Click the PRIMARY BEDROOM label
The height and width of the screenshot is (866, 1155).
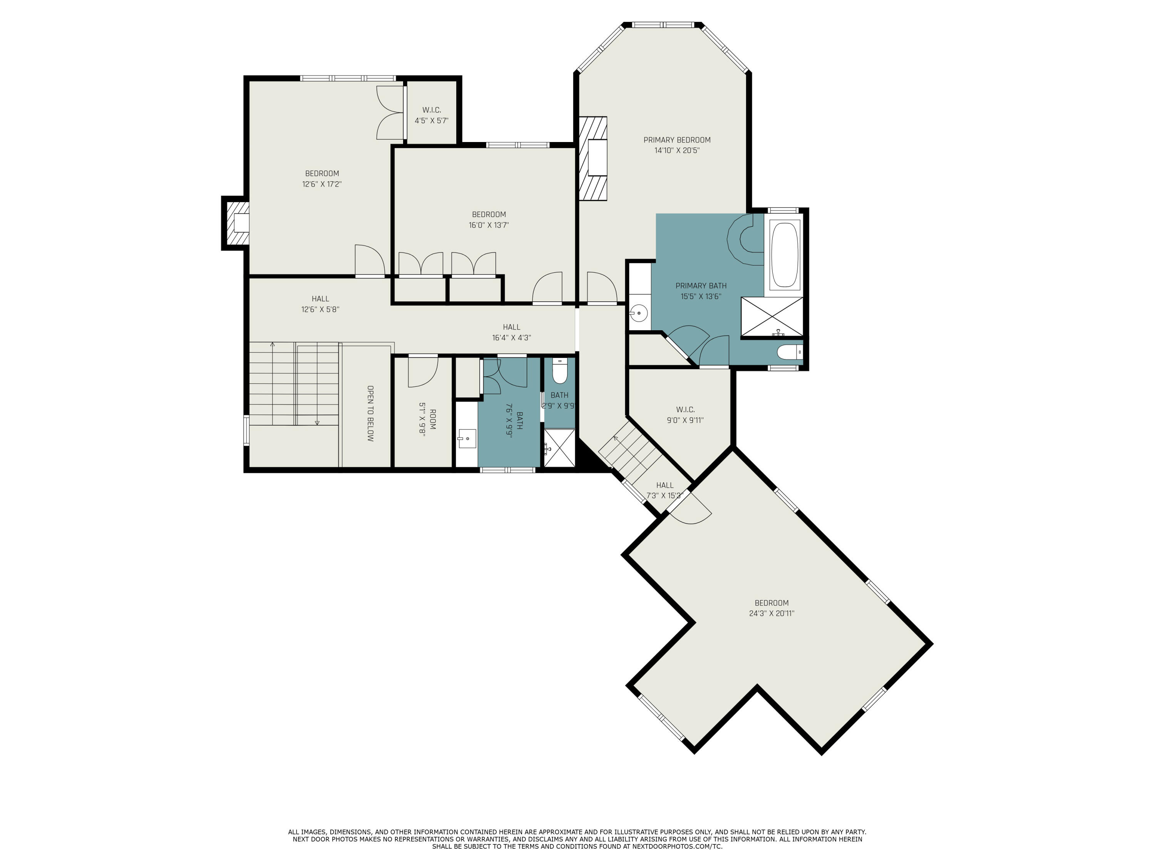click(x=677, y=145)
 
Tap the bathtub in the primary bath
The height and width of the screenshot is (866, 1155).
click(x=784, y=254)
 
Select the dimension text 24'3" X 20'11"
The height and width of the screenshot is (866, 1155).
click(x=771, y=614)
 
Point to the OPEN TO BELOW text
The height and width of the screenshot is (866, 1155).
click(x=370, y=413)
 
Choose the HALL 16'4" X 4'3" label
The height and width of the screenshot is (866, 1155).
click(x=511, y=333)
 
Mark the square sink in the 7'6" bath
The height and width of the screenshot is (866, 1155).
click(x=467, y=438)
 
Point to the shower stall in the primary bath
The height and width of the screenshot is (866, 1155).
click(x=772, y=317)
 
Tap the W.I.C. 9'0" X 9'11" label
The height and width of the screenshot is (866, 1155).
click(x=685, y=415)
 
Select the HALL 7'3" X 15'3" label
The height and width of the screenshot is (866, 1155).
click(x=664, y=491)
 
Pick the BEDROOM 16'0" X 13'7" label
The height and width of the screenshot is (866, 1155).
click(x=489, y=220)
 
